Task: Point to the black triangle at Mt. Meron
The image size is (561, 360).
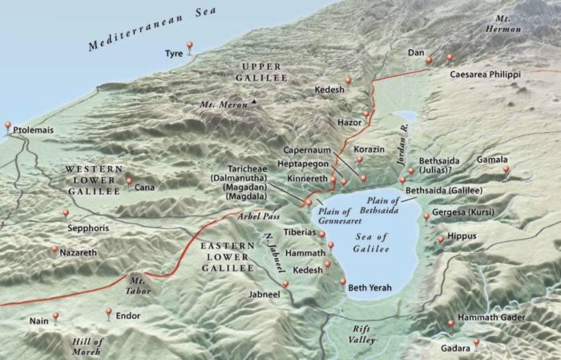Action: click(254, 102)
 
